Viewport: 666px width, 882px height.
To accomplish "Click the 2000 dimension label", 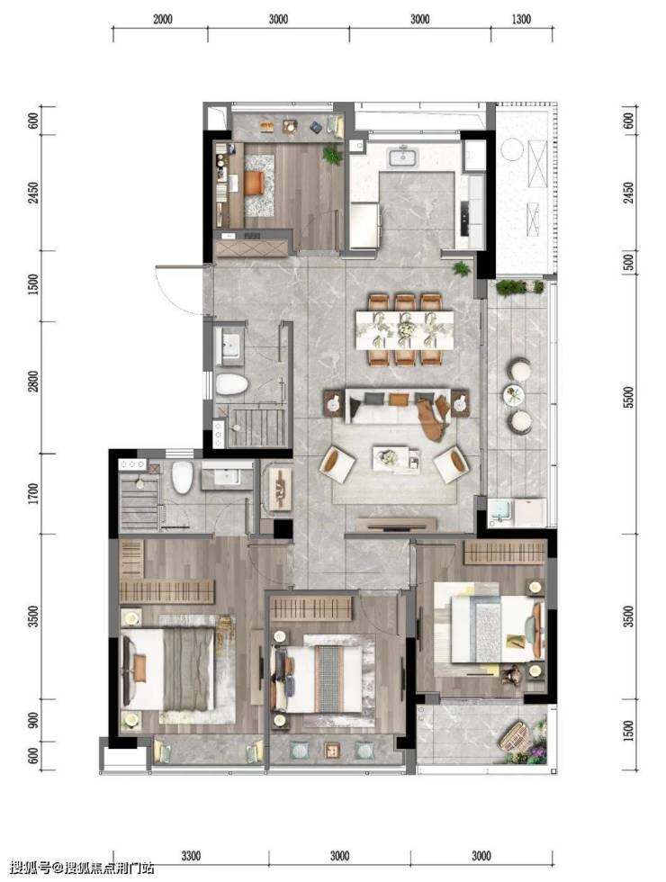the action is tap(162, 20).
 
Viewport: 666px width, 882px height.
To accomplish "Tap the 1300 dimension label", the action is tap(521, 20).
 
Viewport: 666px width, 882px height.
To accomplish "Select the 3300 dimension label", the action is tap(191, 856).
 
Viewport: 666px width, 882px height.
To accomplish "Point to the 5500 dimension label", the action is tap(629, 397).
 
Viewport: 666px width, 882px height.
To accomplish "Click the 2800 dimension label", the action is tap(35, 382).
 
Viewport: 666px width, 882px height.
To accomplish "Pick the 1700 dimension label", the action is tap(35, 493).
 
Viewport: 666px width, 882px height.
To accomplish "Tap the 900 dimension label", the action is tap(35, 720).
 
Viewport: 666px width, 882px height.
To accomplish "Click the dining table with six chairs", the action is tap(404, 329).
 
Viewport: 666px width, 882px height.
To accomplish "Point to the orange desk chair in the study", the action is tap(254, 183).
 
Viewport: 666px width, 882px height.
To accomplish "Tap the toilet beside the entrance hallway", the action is tap(232, 384).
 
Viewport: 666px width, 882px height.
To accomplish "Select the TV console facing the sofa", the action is tap(396, 525).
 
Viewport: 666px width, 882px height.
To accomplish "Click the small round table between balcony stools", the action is tap(514, 394).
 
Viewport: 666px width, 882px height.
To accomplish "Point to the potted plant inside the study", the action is tap(332, 154).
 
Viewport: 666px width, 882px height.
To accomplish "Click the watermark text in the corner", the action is tap(82, 868).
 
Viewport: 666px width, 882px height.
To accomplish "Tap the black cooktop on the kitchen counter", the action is tap(464, 218).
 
